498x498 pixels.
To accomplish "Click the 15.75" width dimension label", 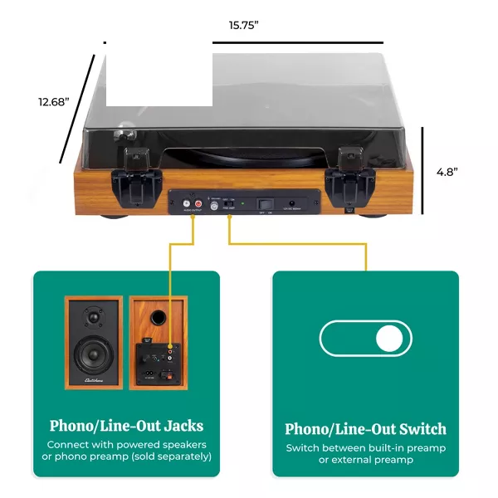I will pyautogui.click(x=244, y=25).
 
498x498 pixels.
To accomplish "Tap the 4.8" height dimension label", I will pyautogui.click(x=447, y=171).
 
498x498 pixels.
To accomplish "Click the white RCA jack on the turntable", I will pyautogui.click(x=185, y=202).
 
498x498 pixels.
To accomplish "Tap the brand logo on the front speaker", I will pyautogui.click(x=93, y=382).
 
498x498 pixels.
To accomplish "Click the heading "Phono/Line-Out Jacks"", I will pyautogui.click(x=126, y=427).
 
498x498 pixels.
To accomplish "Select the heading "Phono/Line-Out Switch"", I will pyautogui.click(x=365, y=429).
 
